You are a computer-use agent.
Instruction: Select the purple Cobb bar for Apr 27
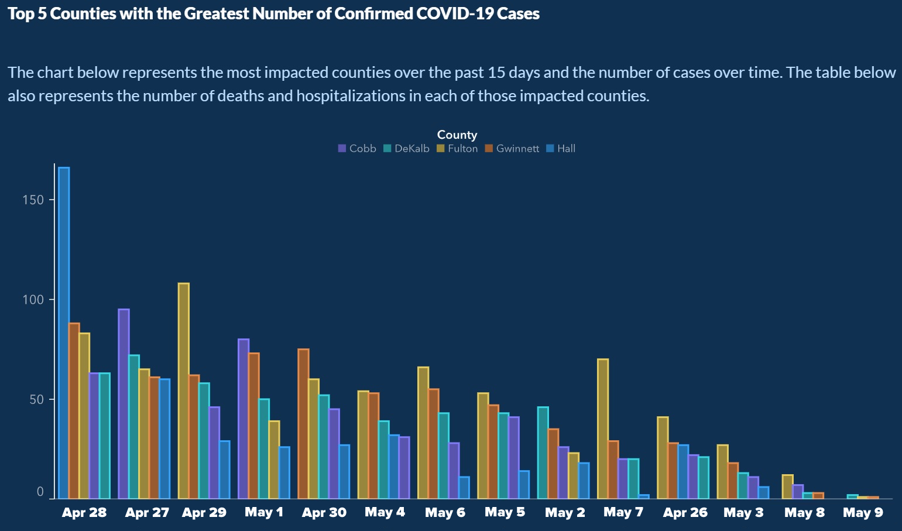124,403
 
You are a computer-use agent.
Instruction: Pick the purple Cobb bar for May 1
243,419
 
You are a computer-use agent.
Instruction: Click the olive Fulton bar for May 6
423,433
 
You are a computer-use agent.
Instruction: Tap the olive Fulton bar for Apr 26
663,457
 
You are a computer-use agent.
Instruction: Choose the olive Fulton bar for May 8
788,487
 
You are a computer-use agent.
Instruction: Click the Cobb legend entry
357,149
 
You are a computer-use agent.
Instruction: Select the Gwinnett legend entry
512,149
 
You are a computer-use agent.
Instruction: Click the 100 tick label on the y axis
33,300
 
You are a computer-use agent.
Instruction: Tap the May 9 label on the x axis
863,513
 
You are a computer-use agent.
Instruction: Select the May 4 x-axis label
385,513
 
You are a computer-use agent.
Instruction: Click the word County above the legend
457,135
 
